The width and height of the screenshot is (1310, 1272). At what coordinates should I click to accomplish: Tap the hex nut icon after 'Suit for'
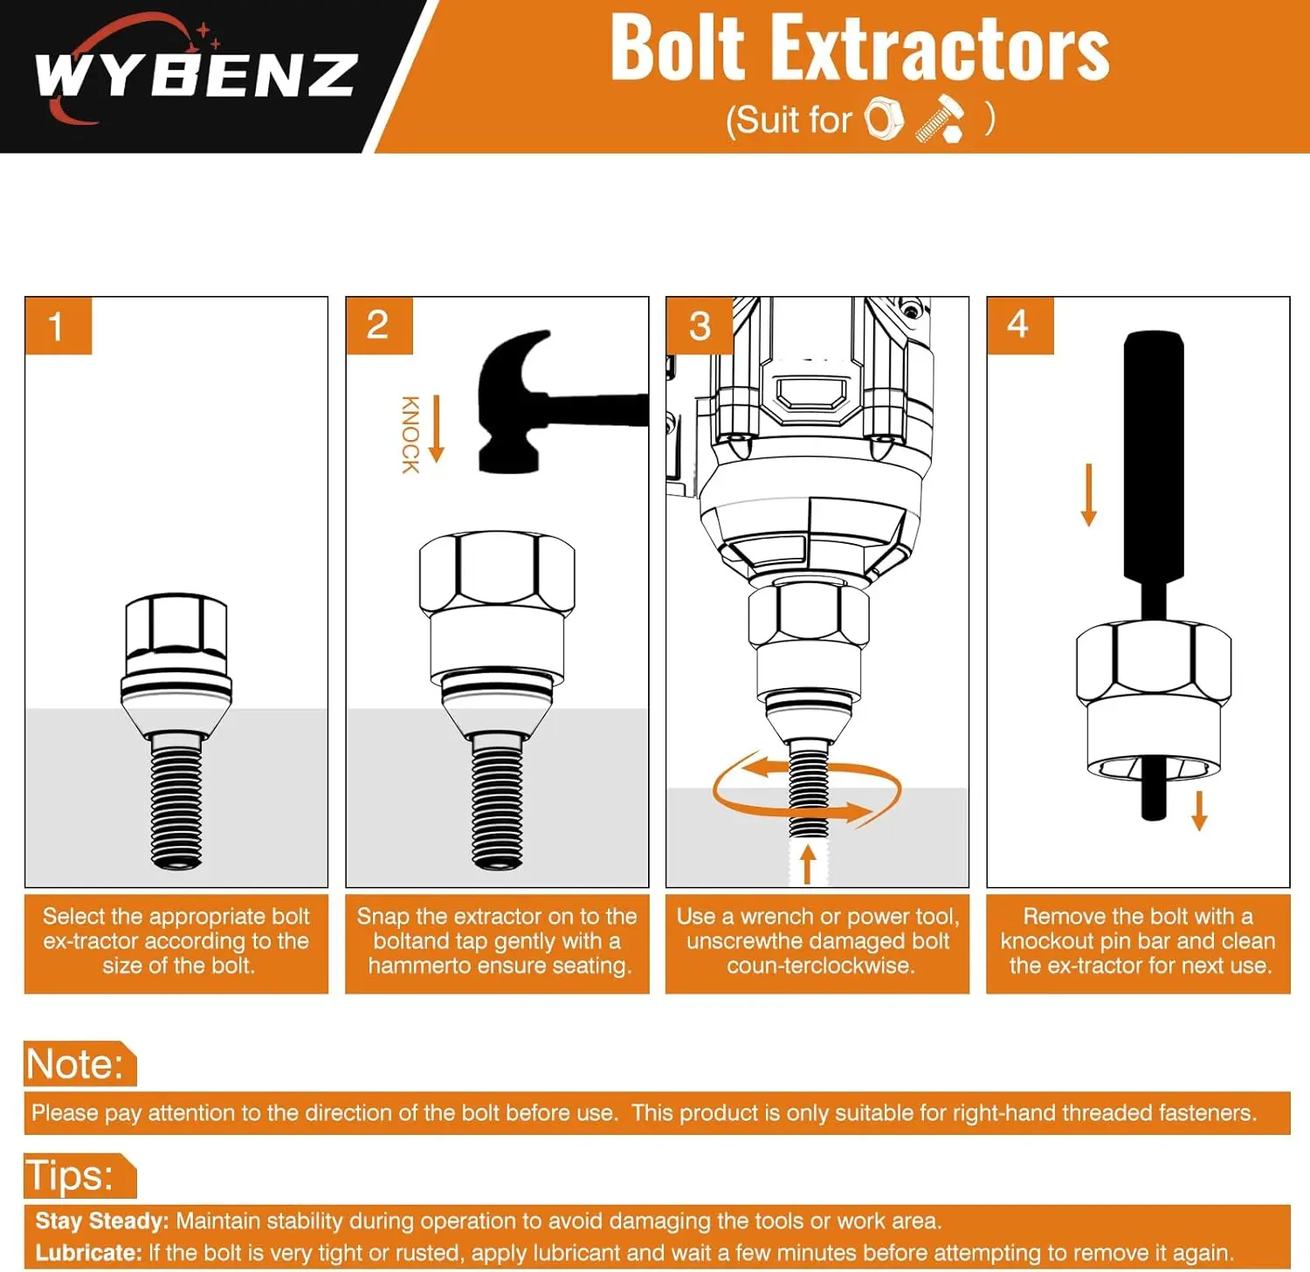pyautogui.click(x=884, y=119)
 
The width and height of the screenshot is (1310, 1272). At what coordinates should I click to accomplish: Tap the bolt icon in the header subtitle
pyautogui.click(x=941, y=119)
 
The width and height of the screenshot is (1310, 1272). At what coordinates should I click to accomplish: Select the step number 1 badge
pyautogui.click(x=58, y=326)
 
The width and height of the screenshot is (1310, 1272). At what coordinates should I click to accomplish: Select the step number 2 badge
pyautogui.click(x=379, y=326)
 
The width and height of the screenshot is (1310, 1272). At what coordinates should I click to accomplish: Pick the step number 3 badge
pyautogui.click(x=700, y=326)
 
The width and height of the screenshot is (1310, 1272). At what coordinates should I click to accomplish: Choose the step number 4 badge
pyautogui.click(x=1020, y=326)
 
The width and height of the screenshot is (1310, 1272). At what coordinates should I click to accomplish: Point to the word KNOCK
pyautogui.click(x=410, y=435)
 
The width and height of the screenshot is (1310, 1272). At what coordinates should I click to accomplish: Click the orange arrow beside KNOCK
pyautogui.click(x=437, y=429)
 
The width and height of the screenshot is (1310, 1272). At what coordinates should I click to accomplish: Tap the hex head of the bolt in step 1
pyautogui.click(x=176, y=625)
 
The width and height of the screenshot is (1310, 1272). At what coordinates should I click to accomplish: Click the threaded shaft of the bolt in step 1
pyautogui.click(x=176, y=801)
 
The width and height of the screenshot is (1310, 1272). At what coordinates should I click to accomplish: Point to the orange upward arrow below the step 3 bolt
pyautogui.click(x=809, y=864)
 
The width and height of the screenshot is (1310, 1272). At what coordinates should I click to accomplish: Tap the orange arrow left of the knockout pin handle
pyautogui.click(x=1088, y=495)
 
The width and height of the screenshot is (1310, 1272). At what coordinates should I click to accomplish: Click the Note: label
pyautogui.click(x=75, y=1064)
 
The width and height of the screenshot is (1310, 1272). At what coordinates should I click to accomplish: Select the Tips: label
pyautogui.click(x=69, y=1175)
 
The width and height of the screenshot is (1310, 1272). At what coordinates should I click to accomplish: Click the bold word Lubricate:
pyautogui.click(x=88, y=1253)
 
